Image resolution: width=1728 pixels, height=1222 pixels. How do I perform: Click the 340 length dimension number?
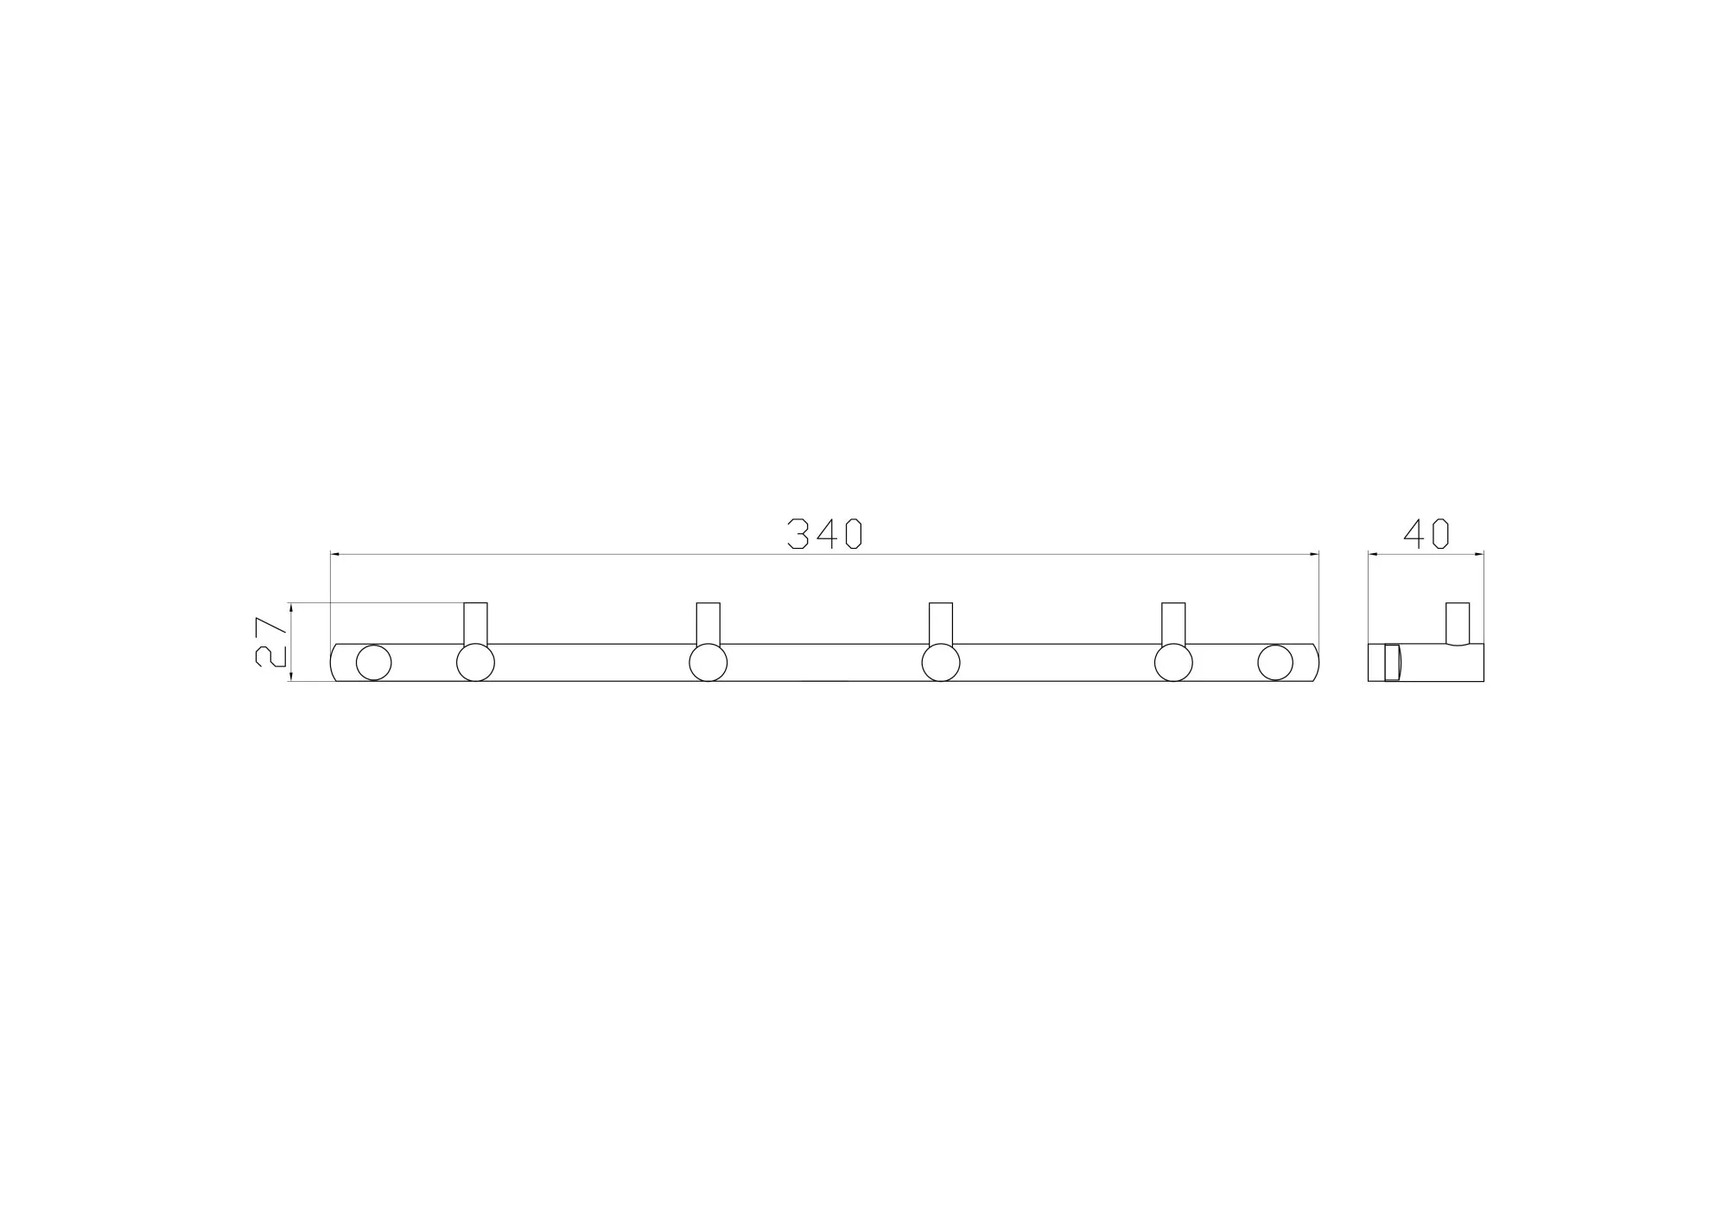(825, 534)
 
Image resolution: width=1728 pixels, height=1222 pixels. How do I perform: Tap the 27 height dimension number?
(271, 641)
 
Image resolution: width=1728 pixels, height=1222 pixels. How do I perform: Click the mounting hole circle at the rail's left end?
(373, 663)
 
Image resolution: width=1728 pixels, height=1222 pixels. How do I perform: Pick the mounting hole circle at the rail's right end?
(1275, 663)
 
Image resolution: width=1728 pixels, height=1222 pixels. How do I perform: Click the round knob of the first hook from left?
(475, 663)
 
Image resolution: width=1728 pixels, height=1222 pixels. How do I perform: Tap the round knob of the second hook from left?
(708, 663)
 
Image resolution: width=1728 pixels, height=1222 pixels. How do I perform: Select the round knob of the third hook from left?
(941, 663)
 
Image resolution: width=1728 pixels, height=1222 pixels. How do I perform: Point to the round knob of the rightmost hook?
(1173, 663)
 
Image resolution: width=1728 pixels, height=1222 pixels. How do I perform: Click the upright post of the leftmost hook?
(475, 623)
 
